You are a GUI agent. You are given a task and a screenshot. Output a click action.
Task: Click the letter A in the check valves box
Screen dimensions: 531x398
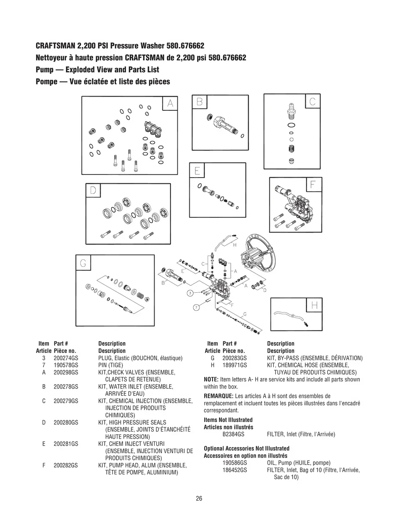point(170,103)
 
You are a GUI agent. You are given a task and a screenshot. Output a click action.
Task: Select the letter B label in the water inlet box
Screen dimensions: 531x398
point(199,102)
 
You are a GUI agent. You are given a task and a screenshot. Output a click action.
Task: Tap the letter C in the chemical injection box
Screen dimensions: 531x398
point(312,102)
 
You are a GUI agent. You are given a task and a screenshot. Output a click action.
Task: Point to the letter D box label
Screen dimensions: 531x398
point(93,190)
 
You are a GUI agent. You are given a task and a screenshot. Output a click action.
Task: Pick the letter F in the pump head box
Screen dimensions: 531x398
point(313,185)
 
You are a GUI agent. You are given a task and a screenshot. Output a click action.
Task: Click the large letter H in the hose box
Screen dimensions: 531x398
point(315,305)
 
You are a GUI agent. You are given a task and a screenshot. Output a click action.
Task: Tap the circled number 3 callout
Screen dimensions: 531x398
point(190,293)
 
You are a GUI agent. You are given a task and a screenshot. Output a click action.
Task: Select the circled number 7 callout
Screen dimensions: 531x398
point(196,308)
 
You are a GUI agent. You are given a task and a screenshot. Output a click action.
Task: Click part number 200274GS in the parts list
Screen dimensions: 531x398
point(66,358)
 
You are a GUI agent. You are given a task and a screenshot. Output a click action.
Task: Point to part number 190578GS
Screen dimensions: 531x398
point(66,365)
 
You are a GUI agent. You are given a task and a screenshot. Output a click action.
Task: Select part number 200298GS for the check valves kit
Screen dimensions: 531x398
point(66,372)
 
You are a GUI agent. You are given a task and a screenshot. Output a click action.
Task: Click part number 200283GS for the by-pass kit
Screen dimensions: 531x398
point(235,358)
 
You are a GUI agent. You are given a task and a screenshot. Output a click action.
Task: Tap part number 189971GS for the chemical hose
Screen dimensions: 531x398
point(235,365)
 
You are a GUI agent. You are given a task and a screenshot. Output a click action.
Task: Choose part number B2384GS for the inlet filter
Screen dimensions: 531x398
point(235,434)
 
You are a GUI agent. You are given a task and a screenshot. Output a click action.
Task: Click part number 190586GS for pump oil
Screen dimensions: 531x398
point(235,463)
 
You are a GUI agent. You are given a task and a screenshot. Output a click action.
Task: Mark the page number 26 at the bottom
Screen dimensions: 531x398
point(199,498)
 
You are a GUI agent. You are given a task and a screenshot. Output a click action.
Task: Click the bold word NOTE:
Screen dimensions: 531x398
point(211,379)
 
